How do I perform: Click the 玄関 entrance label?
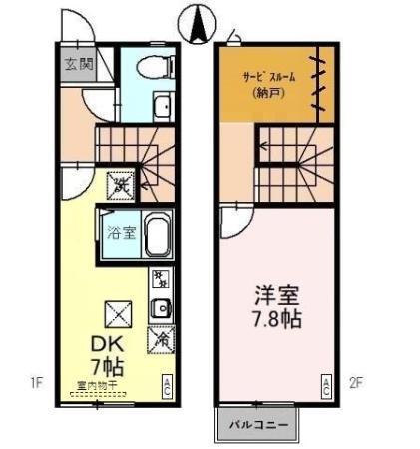click(79, 65)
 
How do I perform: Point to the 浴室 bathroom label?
click(118, 235)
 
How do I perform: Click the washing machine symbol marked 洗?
click(120, 184)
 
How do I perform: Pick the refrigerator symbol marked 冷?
click(160, 339)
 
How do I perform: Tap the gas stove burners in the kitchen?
click(160, 278)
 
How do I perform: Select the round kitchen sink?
click(160, 309)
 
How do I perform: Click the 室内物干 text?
click(96, 385)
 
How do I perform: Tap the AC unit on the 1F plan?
click(167, 385)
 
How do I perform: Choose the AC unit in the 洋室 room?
click(325, 385)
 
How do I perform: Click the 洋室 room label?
click(277, 297)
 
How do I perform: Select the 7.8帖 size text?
click(277, 321)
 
